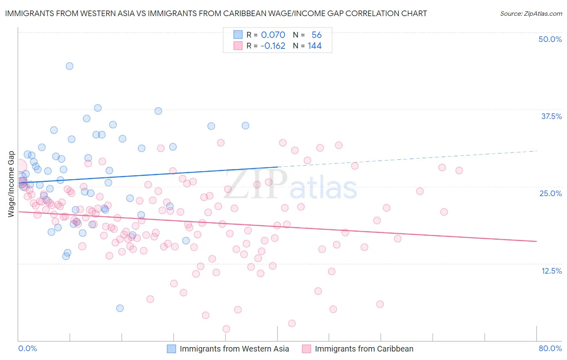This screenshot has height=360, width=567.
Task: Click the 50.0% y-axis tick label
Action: point(550,39)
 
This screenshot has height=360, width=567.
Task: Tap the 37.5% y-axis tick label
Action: point(551,116)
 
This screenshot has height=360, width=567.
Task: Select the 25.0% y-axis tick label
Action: point(550,193)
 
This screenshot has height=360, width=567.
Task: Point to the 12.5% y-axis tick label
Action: point(551,271)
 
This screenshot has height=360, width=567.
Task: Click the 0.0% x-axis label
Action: point(27,348)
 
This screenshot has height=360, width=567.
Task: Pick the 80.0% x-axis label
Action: point(550,348)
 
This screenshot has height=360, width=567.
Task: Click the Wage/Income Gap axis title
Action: point(11,184)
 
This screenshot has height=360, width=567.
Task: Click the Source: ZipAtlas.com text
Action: point(531,13)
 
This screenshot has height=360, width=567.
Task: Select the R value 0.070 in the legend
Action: point(273,35)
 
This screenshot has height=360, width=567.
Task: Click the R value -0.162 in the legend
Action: point(273,46)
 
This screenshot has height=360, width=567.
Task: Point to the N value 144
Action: point(315,46)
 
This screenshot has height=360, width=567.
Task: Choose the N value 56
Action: point(317,35)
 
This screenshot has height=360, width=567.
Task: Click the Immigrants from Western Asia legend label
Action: point(234,349)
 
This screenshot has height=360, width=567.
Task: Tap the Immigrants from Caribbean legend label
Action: point(364,349)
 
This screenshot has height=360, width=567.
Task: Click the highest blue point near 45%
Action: point(69,66)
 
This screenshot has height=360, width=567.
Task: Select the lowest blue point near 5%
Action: point(120,308)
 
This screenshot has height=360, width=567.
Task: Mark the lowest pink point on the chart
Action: point(226,329)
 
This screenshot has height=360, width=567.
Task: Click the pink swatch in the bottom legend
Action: point(306,349)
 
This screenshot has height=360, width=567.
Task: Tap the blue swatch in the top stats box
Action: point(238,35)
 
